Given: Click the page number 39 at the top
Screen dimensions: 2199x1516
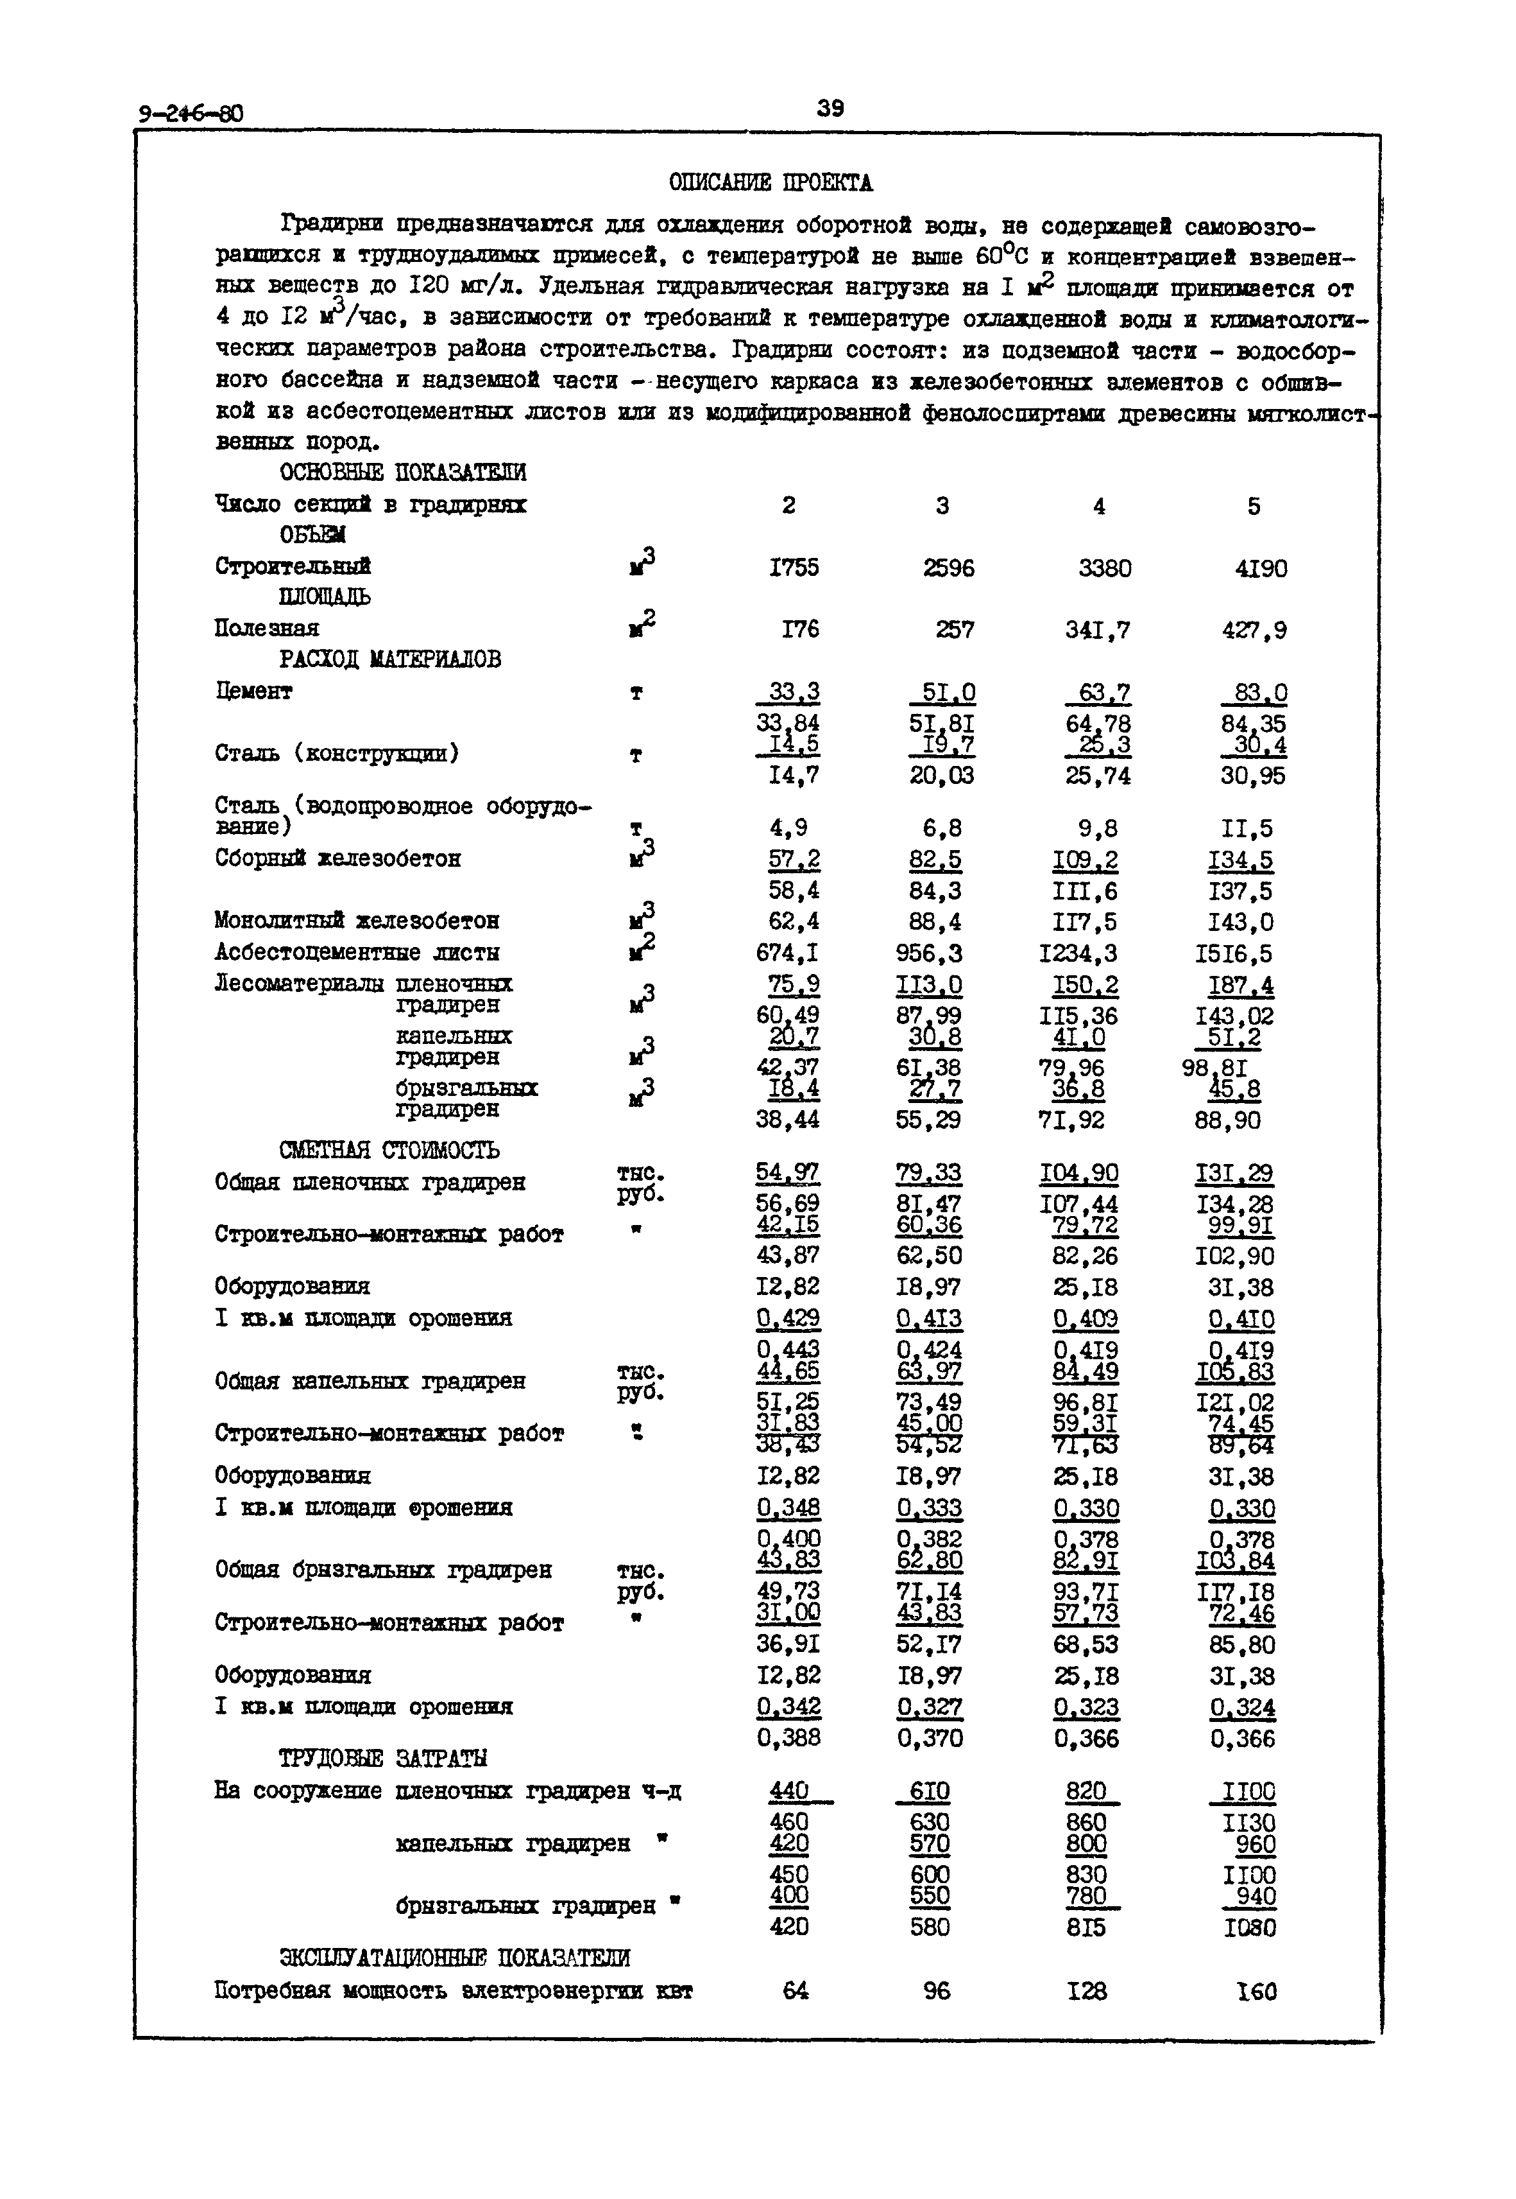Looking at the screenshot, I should tap(830, 109).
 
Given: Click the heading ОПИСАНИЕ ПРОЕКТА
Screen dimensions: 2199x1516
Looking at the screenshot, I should tap(771, 182).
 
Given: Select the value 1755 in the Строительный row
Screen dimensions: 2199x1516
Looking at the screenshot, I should tap(794, 568).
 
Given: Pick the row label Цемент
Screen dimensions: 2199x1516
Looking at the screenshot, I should tap(253, 691).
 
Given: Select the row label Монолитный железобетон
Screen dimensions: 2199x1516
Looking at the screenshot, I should tap(356, 921).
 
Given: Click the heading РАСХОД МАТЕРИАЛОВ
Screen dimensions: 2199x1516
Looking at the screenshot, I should tap(391, 659).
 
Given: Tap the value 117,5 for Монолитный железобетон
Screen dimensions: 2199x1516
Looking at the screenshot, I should tap(1085, 922).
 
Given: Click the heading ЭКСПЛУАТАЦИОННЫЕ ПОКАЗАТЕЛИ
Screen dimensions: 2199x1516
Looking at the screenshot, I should tap(454, 1958).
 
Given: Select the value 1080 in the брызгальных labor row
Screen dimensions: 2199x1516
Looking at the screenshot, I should tap(1249, 1928).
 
